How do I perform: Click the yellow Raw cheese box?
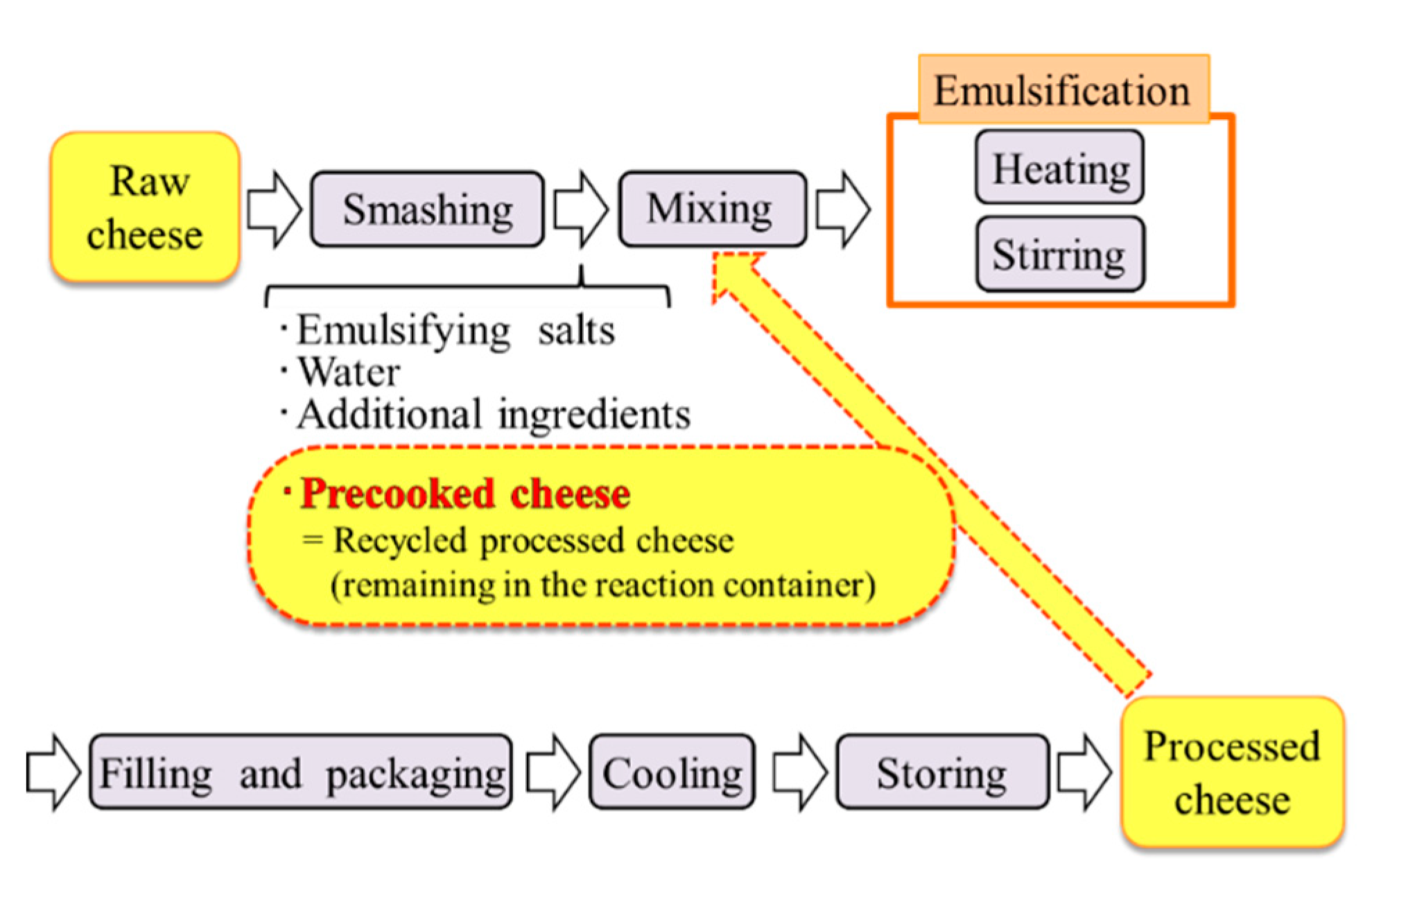145,207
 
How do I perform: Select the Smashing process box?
427,209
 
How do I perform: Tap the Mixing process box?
712,209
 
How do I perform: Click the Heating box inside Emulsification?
1059,168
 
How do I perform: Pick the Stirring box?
1059,254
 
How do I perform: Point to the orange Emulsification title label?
1063,90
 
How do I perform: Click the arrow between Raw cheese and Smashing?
274,209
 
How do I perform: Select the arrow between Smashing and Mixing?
580,209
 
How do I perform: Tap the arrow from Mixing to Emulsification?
842,209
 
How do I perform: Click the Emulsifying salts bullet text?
454,330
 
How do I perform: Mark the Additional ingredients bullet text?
492,415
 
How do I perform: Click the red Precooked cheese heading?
464,494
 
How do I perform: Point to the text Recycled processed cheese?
532,540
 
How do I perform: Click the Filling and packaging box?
301,772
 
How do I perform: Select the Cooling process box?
672,772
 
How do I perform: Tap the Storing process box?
941,772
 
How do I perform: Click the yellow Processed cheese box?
1232,772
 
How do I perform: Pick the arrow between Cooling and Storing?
799,772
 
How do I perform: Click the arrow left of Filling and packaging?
53,772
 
